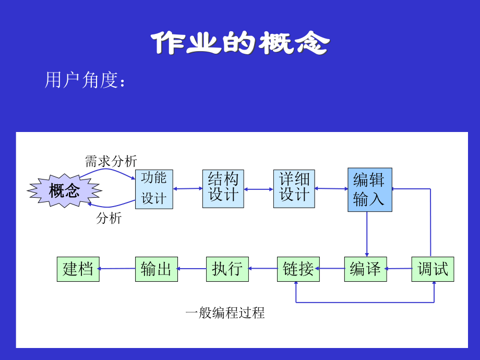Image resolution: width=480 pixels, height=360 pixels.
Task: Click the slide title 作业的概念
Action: [x=240, y=43]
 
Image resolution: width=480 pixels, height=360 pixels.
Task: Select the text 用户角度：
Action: [x=86, y=80]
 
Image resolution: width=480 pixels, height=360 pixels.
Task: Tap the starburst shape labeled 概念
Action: [x=64, y=190]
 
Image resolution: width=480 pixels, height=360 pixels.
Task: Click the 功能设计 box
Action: [x=154, y=189]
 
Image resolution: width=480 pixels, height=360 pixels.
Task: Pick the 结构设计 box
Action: [x=223, y=188]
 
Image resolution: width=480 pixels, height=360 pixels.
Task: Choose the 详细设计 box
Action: [x=294, y=188]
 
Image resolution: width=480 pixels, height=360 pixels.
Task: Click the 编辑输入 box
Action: [x=369, y=189]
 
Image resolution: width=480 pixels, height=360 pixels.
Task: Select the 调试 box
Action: [x=433, y=269]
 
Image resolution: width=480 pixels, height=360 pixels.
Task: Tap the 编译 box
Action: [x=365, y=269]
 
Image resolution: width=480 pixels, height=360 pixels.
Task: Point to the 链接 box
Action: [x=298, y=269]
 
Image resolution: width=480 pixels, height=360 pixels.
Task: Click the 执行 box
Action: [x=227, y=269]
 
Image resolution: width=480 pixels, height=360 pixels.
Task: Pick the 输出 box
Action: [x=156, y=269]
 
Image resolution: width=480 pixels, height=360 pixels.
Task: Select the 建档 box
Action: [x=78, y=269]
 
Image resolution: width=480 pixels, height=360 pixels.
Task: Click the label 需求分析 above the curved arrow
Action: [x=111, y=161]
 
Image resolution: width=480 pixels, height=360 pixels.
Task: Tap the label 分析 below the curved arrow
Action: [x=109, y=218]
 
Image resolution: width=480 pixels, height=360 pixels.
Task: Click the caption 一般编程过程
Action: [x=225, y=313]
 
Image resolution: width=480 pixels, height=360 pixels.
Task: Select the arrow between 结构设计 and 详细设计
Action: [x=259, y=189]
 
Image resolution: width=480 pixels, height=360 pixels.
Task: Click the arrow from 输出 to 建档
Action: [x=117, y=269]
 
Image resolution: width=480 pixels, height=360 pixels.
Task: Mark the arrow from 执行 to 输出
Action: [x=191, y=269]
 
